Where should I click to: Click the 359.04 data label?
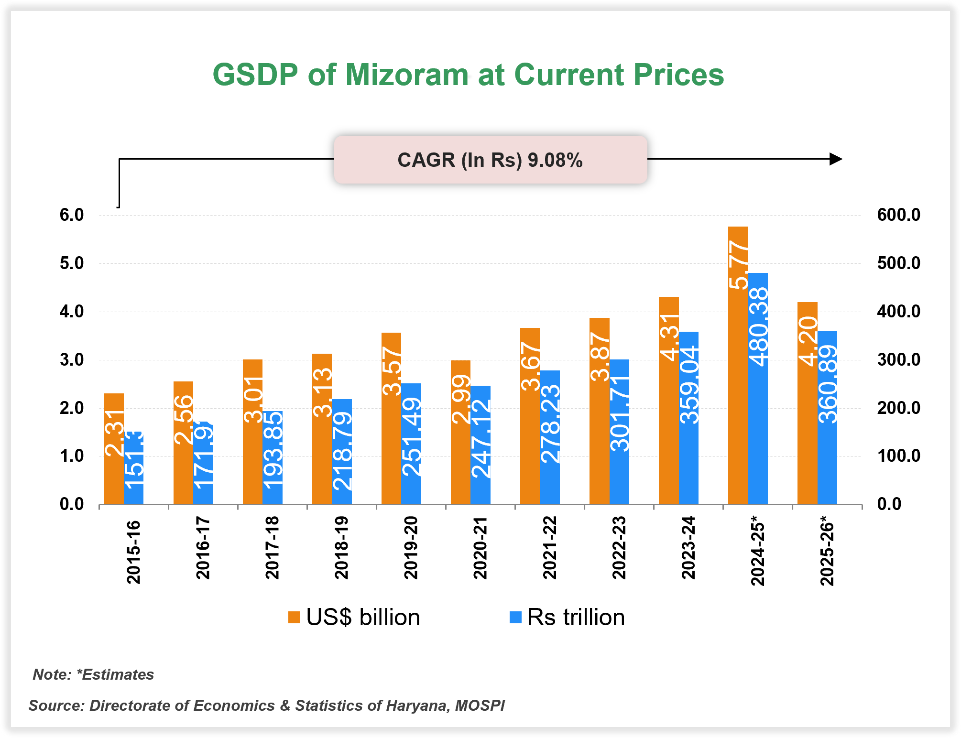coord(689,385)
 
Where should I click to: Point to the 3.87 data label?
coord(600,357)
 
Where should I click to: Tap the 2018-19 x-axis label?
coord(341,548)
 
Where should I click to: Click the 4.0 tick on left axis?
coord(72,312)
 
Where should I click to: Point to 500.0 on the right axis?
coord(898,263)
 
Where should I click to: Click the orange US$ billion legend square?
coord(294,617)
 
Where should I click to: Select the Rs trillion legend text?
coord(576,617)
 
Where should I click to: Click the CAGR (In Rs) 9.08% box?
coord(490,160)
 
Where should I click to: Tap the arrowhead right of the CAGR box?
coord(835,159)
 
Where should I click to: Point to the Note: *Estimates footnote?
coord(93,674)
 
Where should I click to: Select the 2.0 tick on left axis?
coord(72,408)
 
